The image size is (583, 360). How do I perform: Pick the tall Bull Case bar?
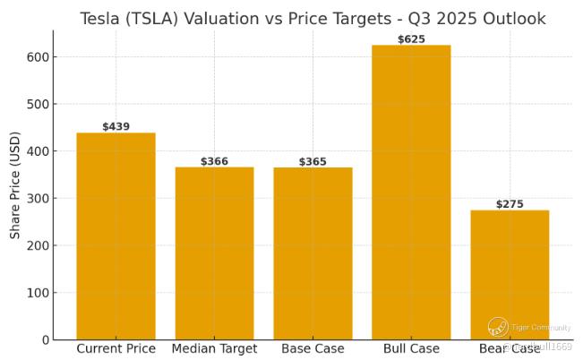pos(411,192)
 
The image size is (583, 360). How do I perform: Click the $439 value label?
pos(116,127)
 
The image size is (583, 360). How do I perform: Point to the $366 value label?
pos(214,162)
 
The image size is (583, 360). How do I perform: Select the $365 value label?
pos(313,162)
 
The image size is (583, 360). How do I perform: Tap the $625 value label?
pos(411,39)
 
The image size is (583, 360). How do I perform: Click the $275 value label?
pos(510,204)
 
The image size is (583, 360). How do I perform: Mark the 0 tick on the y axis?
pos(44,340)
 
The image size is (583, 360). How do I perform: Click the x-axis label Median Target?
pos(214,348)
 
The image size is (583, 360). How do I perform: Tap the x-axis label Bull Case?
pos(411,348)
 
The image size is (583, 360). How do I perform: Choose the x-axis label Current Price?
pos(116,348)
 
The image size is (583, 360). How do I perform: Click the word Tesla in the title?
pos(99,19)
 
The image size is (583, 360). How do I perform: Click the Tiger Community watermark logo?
pos(498,328)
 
